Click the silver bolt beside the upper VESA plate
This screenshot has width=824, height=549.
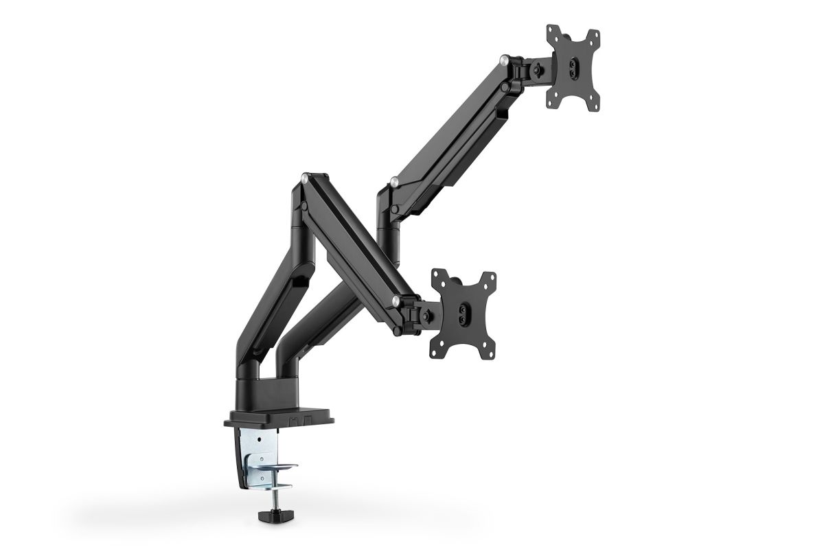[505, 62]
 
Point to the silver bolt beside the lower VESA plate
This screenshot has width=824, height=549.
[396, 300]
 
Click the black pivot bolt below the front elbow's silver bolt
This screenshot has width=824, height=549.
[301, 204]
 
